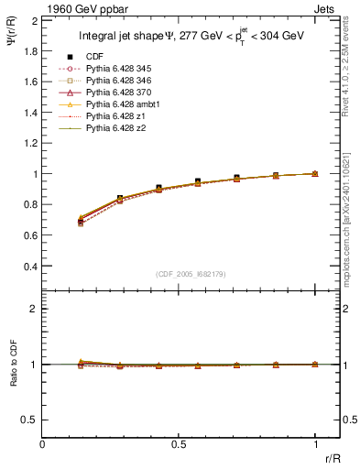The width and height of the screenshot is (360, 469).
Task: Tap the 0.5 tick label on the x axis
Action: pyautogui.click(x=179, y=443)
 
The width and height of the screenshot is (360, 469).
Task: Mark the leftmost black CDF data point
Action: pyautogui.click(x=81, y=222)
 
